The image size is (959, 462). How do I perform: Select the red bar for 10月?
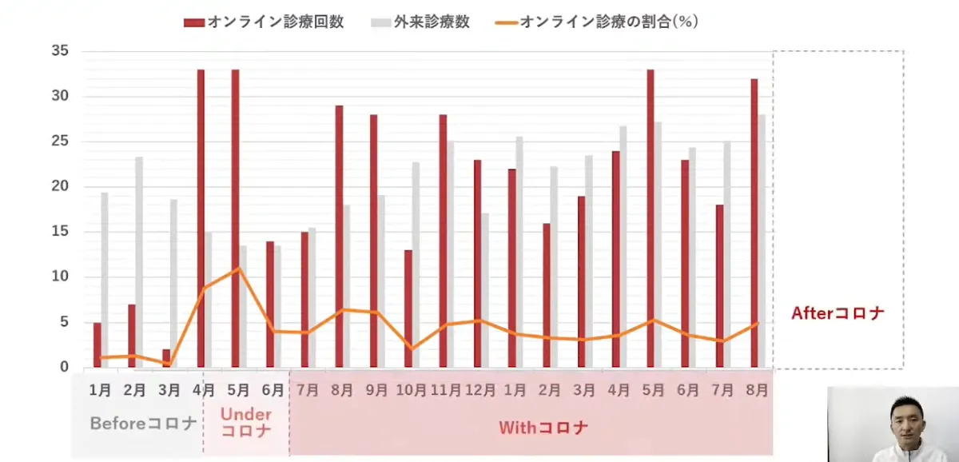pyautogui.click(x=408, y=309)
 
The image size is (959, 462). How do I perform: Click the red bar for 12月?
pyautogui.click(x=477, y=264)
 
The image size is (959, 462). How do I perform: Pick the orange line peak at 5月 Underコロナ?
pyautogui.click(x=237, y=269)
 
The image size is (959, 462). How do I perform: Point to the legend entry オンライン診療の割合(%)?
pyautogui.click(x=599, y=22)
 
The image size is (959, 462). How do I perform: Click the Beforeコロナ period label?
pyautogui.click(x=143, y=424)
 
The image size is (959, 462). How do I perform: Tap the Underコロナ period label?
pyautogui.click(x=245, y=422)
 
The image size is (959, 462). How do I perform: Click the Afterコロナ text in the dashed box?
pyautogui.click(x=838, y=313)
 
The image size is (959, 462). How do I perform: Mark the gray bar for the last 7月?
pyautogui.click(x=727, y=254)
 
